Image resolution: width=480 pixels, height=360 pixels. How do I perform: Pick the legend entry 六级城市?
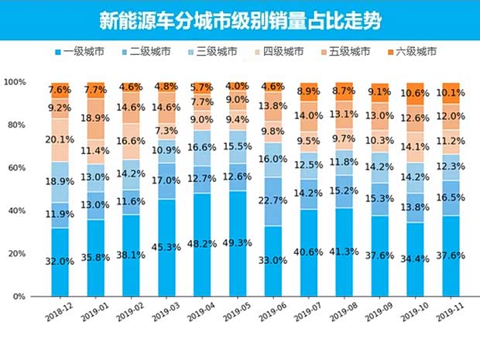pos(414,52)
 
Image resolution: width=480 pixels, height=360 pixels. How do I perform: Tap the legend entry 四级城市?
pos(279,52)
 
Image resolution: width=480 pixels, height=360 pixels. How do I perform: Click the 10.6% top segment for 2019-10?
pos(417,94)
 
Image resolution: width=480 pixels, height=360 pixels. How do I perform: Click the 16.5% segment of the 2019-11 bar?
pos(452,198)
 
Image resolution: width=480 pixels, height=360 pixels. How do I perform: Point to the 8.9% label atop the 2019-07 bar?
pos(309,92)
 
